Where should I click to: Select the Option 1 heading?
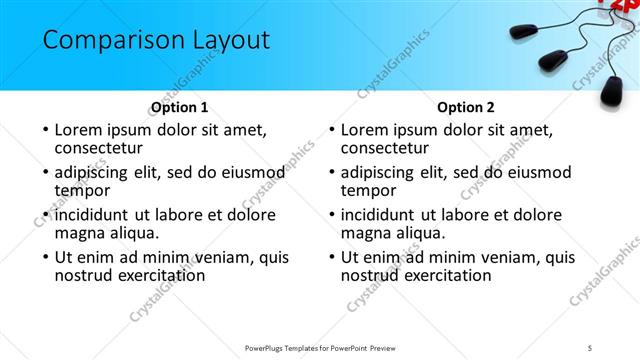179,107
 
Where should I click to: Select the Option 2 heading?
466,107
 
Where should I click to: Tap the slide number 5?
591,347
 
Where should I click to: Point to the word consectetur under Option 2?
388,148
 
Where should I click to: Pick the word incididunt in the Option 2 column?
381,215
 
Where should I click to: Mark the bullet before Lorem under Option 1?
45,131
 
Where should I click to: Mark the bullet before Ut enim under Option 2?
331,257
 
